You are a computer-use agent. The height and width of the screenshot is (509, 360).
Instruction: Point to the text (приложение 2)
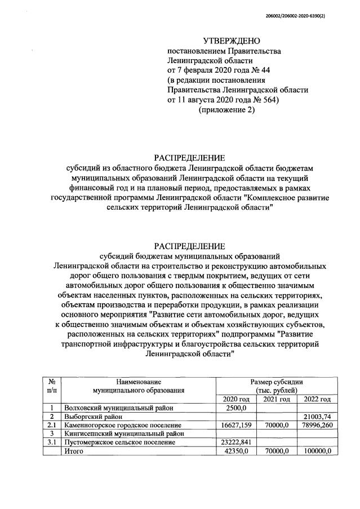tap(227, 110)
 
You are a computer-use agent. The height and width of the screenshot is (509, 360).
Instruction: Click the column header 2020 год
tap(235, 399)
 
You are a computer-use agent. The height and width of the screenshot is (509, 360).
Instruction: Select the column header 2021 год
tap(277, 399)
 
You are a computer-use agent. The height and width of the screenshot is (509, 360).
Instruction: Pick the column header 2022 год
tap(317, 399)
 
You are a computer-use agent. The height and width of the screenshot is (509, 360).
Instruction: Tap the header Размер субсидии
tap(276, 381)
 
